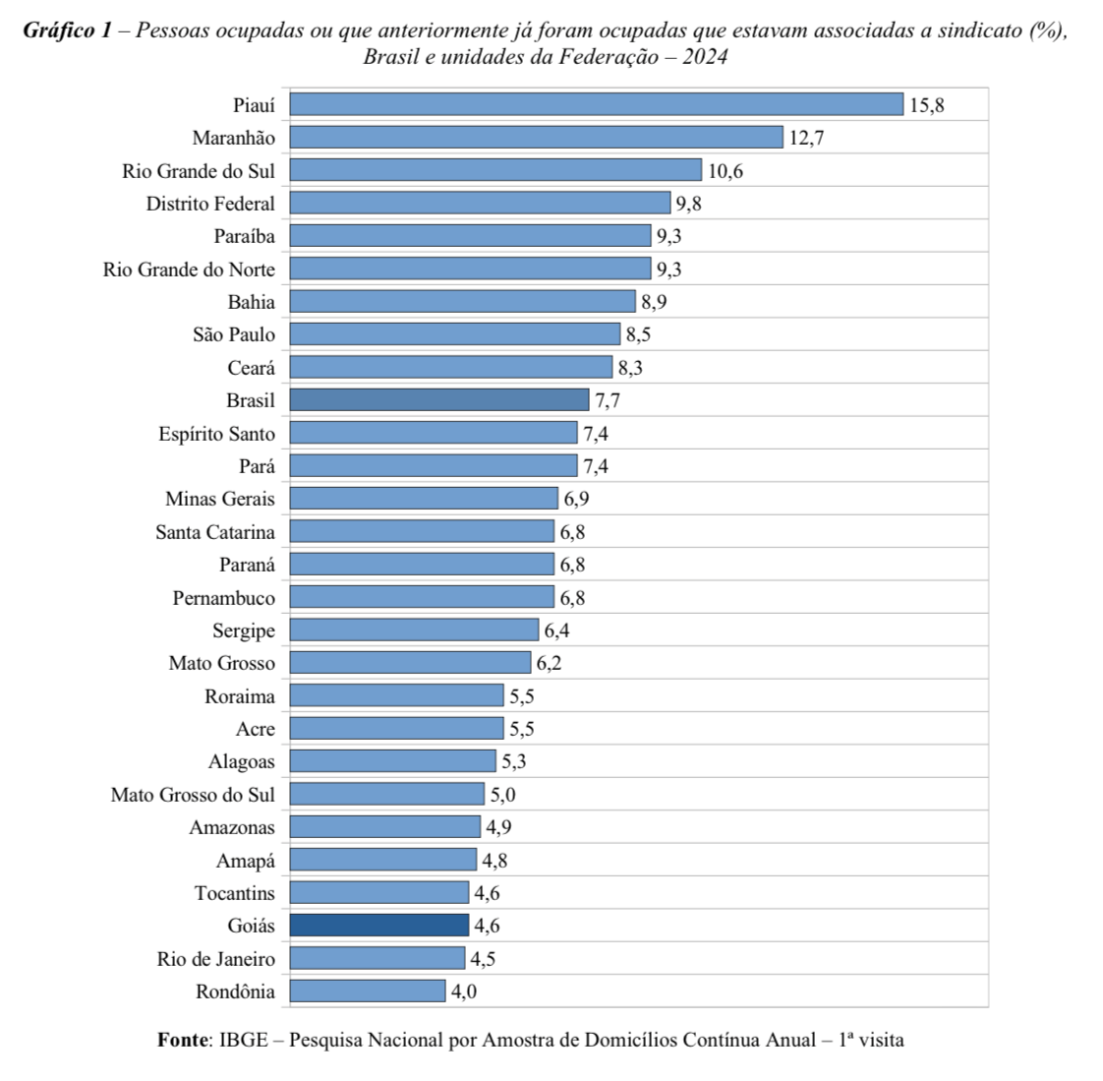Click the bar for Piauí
tap(596, 104)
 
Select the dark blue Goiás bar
tap(379, 926)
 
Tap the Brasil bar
tap(439, 400)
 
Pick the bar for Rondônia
tap(368, 991)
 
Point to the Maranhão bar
tap(536, 138)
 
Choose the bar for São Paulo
tap(455, 334)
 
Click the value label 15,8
tap(926, 105)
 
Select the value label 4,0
tap(463, 991)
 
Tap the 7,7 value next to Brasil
tap(607, 400)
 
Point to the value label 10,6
tap(726, 171)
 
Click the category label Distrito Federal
tap(210, 204)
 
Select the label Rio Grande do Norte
tap(189, 270)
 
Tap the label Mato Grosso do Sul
tap(193, 795)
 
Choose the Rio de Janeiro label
tap(216, 959)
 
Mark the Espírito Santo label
tap(216, 434)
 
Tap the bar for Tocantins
tap(379, 893)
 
